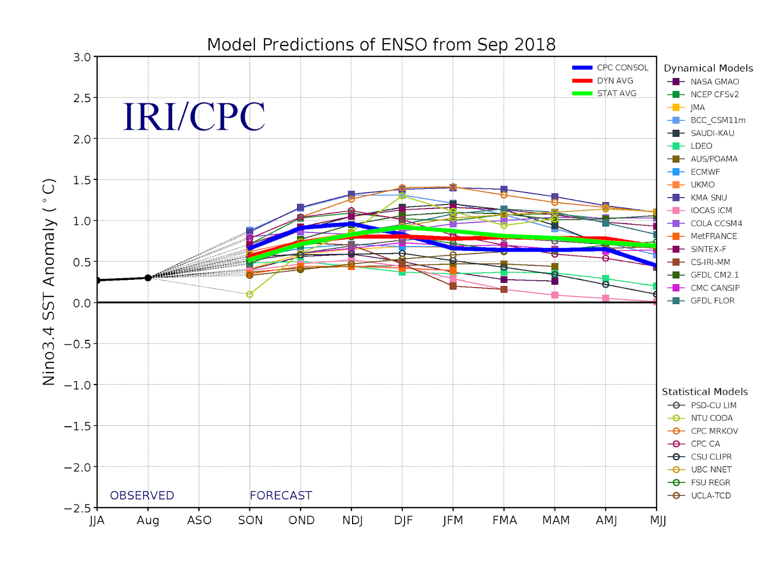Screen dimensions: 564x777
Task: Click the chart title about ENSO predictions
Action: tap(381, 45)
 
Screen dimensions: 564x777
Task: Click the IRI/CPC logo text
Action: tap(194, 117)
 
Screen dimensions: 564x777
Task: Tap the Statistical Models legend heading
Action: tap(705, 392)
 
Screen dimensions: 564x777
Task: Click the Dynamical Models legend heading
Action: tap(708, 68)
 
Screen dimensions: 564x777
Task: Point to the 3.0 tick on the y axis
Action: tap(82, 57)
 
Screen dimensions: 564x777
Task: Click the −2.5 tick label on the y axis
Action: tap(78, 508)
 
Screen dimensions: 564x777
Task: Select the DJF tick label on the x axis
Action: tap(403, 521)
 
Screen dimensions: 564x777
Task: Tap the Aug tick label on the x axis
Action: tap(148, 521)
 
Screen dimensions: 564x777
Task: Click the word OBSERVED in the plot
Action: tap(142, 496)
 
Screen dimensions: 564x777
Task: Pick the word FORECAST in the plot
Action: tap(281, 496)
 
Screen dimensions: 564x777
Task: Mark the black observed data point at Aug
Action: tap(148, 278)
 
